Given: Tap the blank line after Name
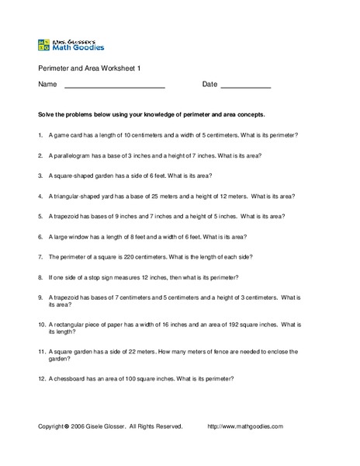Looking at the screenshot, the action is coord(114,85).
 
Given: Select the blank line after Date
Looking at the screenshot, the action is coord(245,85).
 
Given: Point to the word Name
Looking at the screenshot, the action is coord(47,84).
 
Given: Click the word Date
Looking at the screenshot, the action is coord(209,84).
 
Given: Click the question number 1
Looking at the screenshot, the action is coord(40,134).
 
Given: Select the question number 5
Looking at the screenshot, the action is coord(40,216).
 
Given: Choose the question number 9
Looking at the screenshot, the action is coord(40,297).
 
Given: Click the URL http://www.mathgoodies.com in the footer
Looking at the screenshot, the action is coord(245,426).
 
